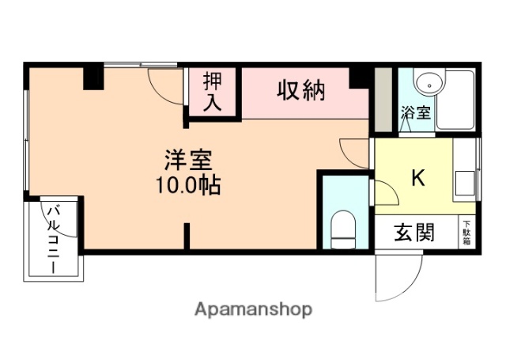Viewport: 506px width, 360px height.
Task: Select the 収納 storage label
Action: point(300,90)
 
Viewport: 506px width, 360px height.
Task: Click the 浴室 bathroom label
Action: point(416,112)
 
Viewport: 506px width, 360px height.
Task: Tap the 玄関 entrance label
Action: point(415,233)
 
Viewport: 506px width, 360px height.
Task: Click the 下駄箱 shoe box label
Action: point(466,232)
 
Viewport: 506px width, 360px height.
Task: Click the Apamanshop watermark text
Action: point(253,309)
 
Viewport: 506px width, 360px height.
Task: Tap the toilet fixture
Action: point(345,226)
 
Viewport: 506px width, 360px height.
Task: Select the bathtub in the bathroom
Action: point(456,100)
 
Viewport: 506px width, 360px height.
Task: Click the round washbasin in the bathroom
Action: point(429,81)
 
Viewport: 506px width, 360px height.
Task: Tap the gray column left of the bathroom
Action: point(383,100)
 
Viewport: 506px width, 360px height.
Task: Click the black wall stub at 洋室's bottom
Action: point(187,237)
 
